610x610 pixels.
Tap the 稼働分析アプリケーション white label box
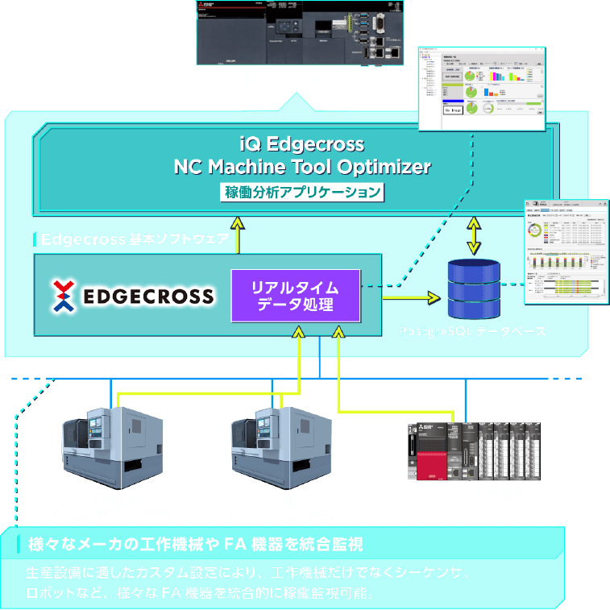(302, 193)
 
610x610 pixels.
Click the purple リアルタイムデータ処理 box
(294, 297)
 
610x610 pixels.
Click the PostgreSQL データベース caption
(472, 331)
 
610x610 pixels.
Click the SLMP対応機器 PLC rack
(475, 451)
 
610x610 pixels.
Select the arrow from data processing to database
(411, 298)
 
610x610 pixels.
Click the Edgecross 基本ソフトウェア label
(134, 239)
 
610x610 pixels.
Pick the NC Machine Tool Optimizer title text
(302, 167)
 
